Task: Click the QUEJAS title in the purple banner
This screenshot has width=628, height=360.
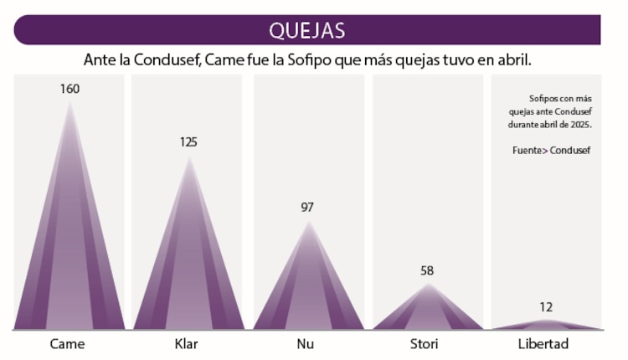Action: [306, 31]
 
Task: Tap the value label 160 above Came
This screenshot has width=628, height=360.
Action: [69, 89]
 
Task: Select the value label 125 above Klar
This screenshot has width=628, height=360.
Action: [188, 141]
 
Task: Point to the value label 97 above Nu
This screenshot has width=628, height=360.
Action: [307, 207]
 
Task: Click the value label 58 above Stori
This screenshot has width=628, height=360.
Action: [427, 271]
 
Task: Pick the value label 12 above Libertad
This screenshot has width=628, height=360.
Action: [546, 307]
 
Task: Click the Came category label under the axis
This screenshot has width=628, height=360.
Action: [67, 344]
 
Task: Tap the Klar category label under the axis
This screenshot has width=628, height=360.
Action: [187, 344]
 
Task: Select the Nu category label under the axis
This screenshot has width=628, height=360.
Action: [306, 344]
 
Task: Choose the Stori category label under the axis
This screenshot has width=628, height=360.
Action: [426, 344]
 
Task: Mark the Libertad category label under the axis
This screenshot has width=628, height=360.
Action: [543, 344]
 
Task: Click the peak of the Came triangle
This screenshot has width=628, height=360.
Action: [69, 102]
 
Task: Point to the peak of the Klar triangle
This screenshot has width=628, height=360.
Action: [189, 157]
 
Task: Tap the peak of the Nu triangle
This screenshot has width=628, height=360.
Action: [308, 221]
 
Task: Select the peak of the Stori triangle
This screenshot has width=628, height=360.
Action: [428, 285]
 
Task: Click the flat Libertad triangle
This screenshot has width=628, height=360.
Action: [546, 325]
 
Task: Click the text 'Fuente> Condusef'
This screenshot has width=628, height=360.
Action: [552, 151]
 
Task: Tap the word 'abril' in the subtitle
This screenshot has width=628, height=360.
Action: [512, 61]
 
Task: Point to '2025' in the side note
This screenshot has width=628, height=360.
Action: [579, 124]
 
